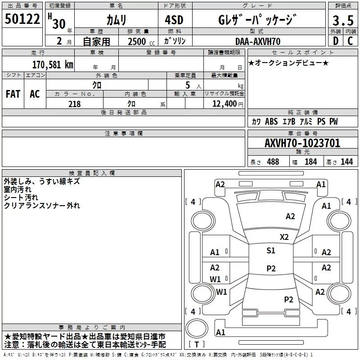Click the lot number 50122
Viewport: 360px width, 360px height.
(x=22, y=19)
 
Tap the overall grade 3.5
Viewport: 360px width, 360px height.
(x=343, y=20)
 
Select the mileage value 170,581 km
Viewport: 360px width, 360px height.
(x=53, y=64)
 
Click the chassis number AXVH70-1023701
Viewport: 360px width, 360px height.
(x=302, y=143)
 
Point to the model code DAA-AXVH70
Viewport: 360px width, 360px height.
(x=258, y=41)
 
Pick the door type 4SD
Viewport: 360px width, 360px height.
(x=174, y=20)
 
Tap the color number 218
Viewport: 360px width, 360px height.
(x=75, y=104)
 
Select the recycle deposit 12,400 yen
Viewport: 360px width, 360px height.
(x=228, y=104)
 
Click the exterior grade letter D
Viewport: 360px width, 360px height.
(x=336, y=41)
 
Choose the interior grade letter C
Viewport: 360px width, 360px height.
(x=350, y=41)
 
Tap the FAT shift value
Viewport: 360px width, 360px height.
(x=13, y=94)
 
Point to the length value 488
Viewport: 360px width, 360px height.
(x=273, y=162)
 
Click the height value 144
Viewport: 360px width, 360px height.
(x=346, y=162)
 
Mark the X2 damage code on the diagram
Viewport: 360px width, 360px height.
(x=284, y=237)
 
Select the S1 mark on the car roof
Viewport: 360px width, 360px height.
(x=271, y=250)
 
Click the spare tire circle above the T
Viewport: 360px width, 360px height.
(x=197, y=328)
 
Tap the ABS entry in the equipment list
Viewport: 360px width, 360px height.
(x=271, y=121)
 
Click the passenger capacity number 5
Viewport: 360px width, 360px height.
(x=188, y=85)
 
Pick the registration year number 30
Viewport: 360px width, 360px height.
(x=59, y=24)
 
